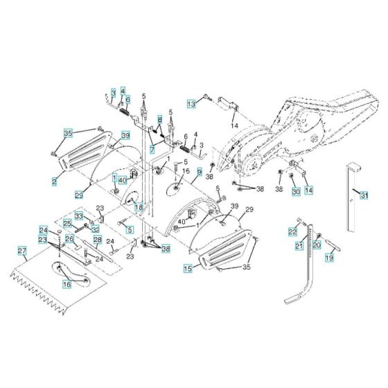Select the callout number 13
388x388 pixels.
coord(191,103)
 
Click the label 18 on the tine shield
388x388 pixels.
coord(139,206)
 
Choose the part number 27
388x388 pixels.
coord(21,251)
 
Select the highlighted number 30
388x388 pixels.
coord(295,191)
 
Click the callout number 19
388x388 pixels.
coord(329,257)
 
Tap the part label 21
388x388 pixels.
coord(300,245)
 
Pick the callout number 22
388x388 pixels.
coord(292,231)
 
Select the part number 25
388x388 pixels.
coord(67,223)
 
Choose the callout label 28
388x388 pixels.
coord(98,240)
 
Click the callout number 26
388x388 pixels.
coord(69,239)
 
